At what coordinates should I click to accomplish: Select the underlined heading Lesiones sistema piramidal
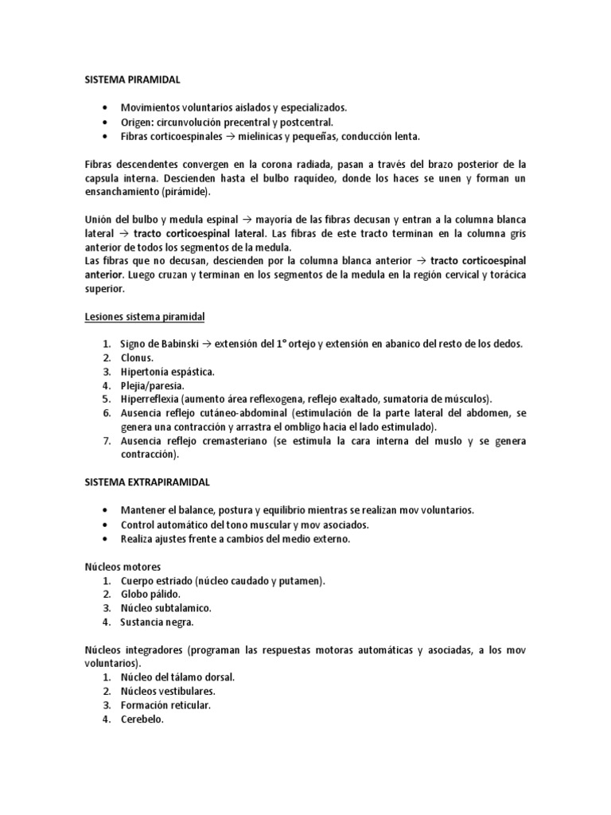coord(145,317)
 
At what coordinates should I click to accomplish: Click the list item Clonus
coord(138,358)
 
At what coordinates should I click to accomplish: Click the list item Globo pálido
coord(150,594)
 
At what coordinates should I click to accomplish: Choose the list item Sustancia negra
coord(157,622)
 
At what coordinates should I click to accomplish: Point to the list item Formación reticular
coord(166,705)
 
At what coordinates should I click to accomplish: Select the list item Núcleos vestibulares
coord(168,691)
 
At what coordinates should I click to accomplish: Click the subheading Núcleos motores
coord(123,566)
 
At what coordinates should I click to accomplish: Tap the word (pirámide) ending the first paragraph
coord(189,193)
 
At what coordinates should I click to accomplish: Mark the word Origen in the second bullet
coord(138,122)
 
